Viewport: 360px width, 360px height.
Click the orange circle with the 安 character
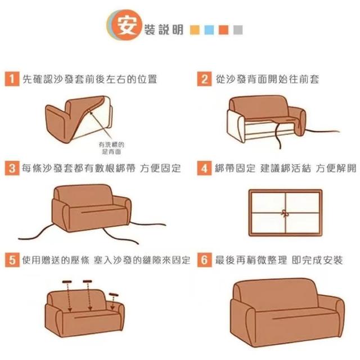pyautogui.click(x=127, y=25)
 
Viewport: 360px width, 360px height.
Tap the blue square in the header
pyautogui.click(x=209, y=30)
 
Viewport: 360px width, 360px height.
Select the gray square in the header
pyautogui.click(x=238, y=30)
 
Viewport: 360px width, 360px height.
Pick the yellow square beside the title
pyautogui.click(x=195, y=30)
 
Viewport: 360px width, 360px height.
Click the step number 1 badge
pyautogui.click(x=12, y=79)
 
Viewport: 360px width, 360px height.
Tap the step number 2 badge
pyautogui.click(x=204, y=79)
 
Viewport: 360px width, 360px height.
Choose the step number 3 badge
pyautogui.click(x=12, y=168)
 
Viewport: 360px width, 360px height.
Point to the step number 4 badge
pyautogui.click(x=204, y=168)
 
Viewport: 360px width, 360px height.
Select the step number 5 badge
pyautogui.click(x=12, y=260)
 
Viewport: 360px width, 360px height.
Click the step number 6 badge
pyautogui.click(x=204, y=260)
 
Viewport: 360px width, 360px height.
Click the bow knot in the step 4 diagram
pyautogui.click(x=285, y=214)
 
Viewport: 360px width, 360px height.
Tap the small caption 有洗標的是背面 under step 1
pyautogui.click(x=111, y=148)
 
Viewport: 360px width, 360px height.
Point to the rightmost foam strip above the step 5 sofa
pyautogui.click(x=114, y=295)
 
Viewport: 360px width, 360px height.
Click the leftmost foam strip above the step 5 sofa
pyautogui.click(x=67, y=282)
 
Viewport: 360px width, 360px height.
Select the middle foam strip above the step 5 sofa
pyautogui.click(x=88, y=281)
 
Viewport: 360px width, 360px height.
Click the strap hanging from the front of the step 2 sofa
pyautogui.click(x=277, y=136)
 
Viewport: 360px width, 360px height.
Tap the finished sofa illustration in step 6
pyautogui.click(x=287, y=313)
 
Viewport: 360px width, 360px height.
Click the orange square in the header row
pyautogui.click(x=224, y=30)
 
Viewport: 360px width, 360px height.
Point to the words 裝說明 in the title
pyautogui.click(x=164, y=30)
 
